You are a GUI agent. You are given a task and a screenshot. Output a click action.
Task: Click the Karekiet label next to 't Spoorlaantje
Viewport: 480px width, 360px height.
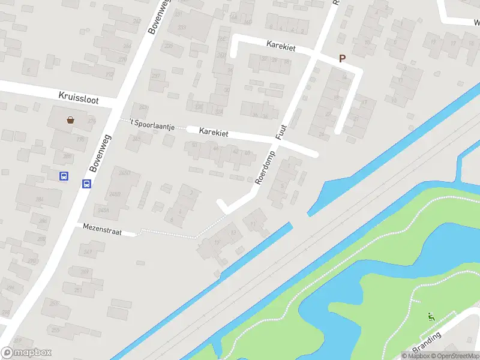[x=214, y=133]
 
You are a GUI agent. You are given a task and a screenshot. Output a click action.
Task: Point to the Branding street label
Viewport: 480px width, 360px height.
[x=427, y=343]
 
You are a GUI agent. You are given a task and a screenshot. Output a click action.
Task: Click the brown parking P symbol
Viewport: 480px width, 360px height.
[x=343, y=59]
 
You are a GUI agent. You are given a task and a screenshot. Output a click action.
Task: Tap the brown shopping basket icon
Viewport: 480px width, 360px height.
[x=71, y=119]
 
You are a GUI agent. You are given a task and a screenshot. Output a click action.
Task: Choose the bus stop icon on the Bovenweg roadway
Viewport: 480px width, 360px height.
[x=86, y=184]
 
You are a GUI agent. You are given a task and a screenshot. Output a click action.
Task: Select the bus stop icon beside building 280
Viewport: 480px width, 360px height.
[x=64, y=176]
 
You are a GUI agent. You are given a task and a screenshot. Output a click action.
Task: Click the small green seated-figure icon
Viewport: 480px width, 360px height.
[x=431, y=317]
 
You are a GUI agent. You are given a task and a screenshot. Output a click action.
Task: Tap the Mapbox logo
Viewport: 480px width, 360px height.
[x=26, y=352]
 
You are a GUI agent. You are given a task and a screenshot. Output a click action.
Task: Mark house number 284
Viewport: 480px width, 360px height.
[x=40, y=199]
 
